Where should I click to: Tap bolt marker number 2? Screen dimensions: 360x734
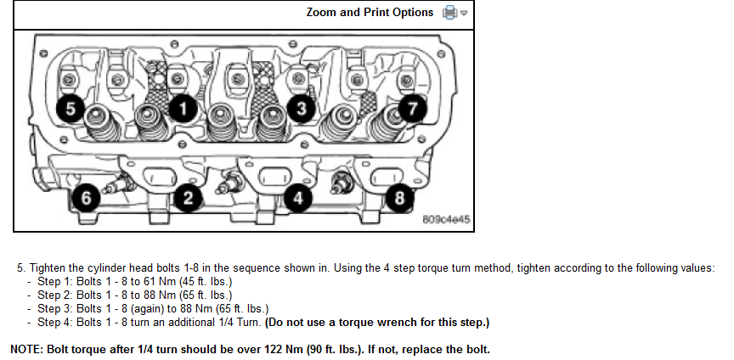coord(188,198)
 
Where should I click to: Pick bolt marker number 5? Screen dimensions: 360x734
coord(71,108)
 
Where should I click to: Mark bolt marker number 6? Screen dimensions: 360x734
coord(85,198)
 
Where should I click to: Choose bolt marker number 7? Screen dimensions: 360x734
coord(414,108)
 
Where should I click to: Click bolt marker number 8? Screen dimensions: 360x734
coord(399,198)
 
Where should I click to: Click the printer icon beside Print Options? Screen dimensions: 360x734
coord(450,13)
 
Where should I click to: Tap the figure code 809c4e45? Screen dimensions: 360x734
coord(446,219)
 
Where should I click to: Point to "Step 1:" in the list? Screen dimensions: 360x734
coord(54,281)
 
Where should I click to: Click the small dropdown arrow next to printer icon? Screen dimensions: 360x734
coord(464,14)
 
